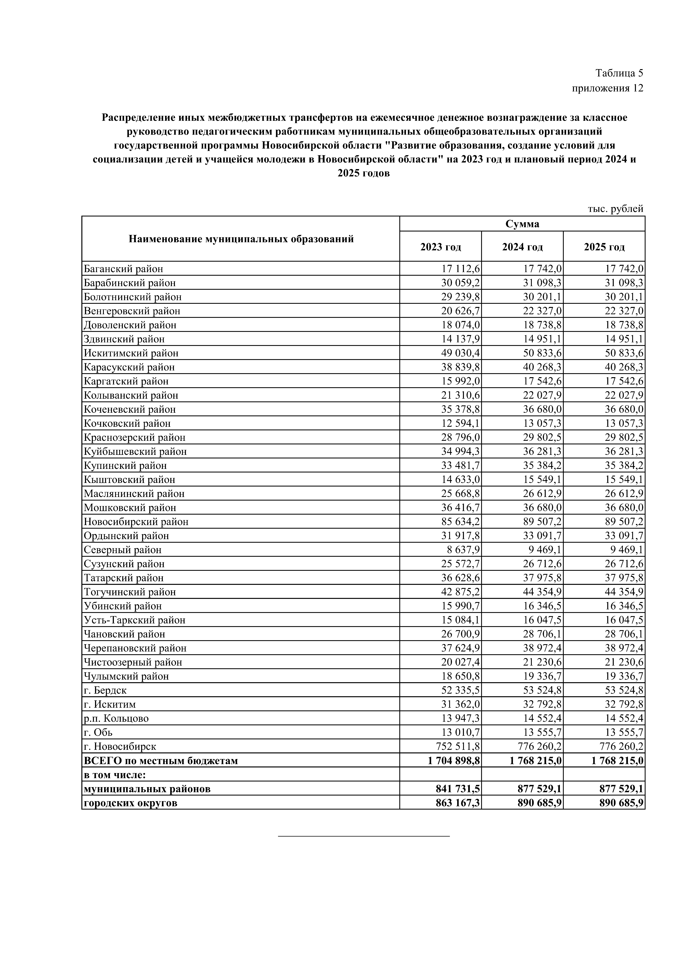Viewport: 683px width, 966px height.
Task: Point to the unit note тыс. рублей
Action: tap(615, 209)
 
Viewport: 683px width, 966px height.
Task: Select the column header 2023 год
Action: tap(440, 247)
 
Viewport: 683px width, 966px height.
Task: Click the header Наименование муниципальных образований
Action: tap(241, 239)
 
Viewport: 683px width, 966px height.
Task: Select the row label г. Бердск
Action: tap(105, 690)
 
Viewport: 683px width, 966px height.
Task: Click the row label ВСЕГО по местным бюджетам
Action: tap(161, 761)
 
